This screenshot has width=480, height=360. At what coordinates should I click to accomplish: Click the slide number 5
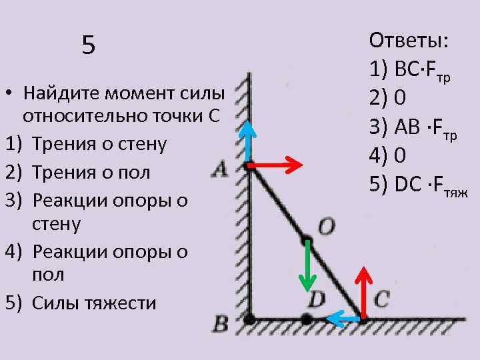[x=89, y=46]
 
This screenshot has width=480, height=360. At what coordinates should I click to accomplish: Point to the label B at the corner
[x=219, y=325]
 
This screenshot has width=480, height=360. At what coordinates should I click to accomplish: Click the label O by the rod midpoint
[x=326, y=227]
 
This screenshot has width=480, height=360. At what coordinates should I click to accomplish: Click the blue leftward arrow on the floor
[x=344, y=320]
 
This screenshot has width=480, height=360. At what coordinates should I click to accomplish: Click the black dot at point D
[x=306, y=319]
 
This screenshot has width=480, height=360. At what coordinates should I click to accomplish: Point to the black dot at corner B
[x=249, y=320]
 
